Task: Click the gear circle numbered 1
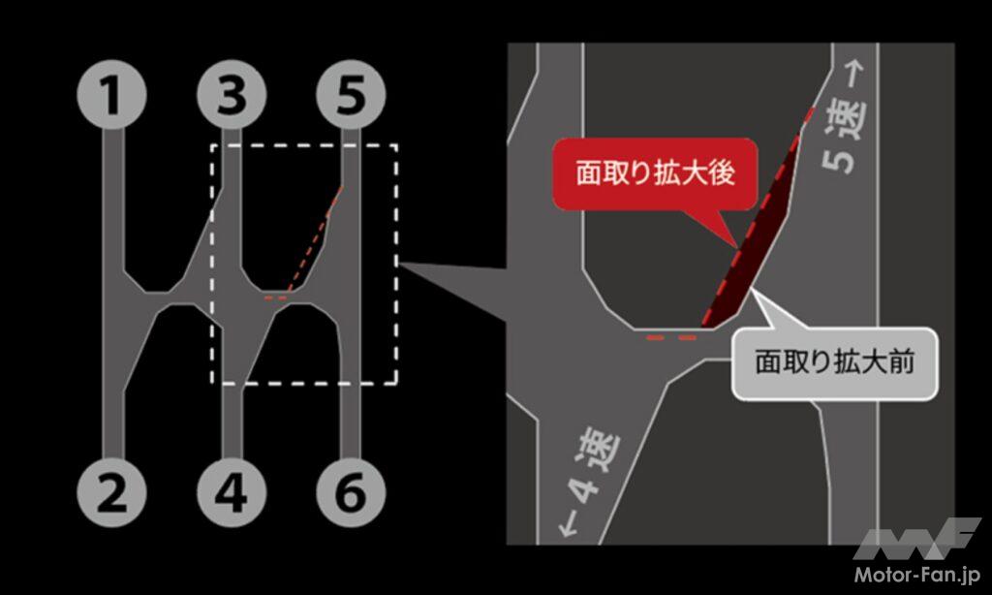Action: coord(112,95)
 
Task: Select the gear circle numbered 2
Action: coord(112,492)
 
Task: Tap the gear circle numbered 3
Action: coord(232,95)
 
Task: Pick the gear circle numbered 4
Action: coord(232,492)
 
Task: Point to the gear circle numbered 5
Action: coord(351,95)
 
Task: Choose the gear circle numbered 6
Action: coord(351,492)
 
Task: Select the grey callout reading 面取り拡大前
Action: coord(834,363)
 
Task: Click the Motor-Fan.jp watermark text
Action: coord(916,575)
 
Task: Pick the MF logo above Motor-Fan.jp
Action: coord(916,538)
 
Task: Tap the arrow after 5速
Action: coord(854,74)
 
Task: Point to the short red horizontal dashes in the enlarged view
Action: coord(671,338)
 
